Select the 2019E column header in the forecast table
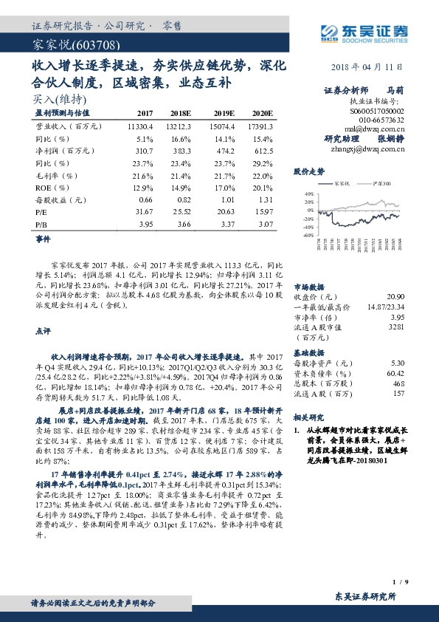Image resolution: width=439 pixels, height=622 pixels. pos(224,112)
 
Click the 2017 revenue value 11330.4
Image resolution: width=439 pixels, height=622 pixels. pos(138,126)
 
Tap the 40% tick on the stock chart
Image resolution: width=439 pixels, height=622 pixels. pos(308,194)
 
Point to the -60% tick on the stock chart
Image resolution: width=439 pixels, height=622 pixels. pos(307,236)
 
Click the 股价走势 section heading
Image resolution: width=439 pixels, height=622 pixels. pos(308,171)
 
